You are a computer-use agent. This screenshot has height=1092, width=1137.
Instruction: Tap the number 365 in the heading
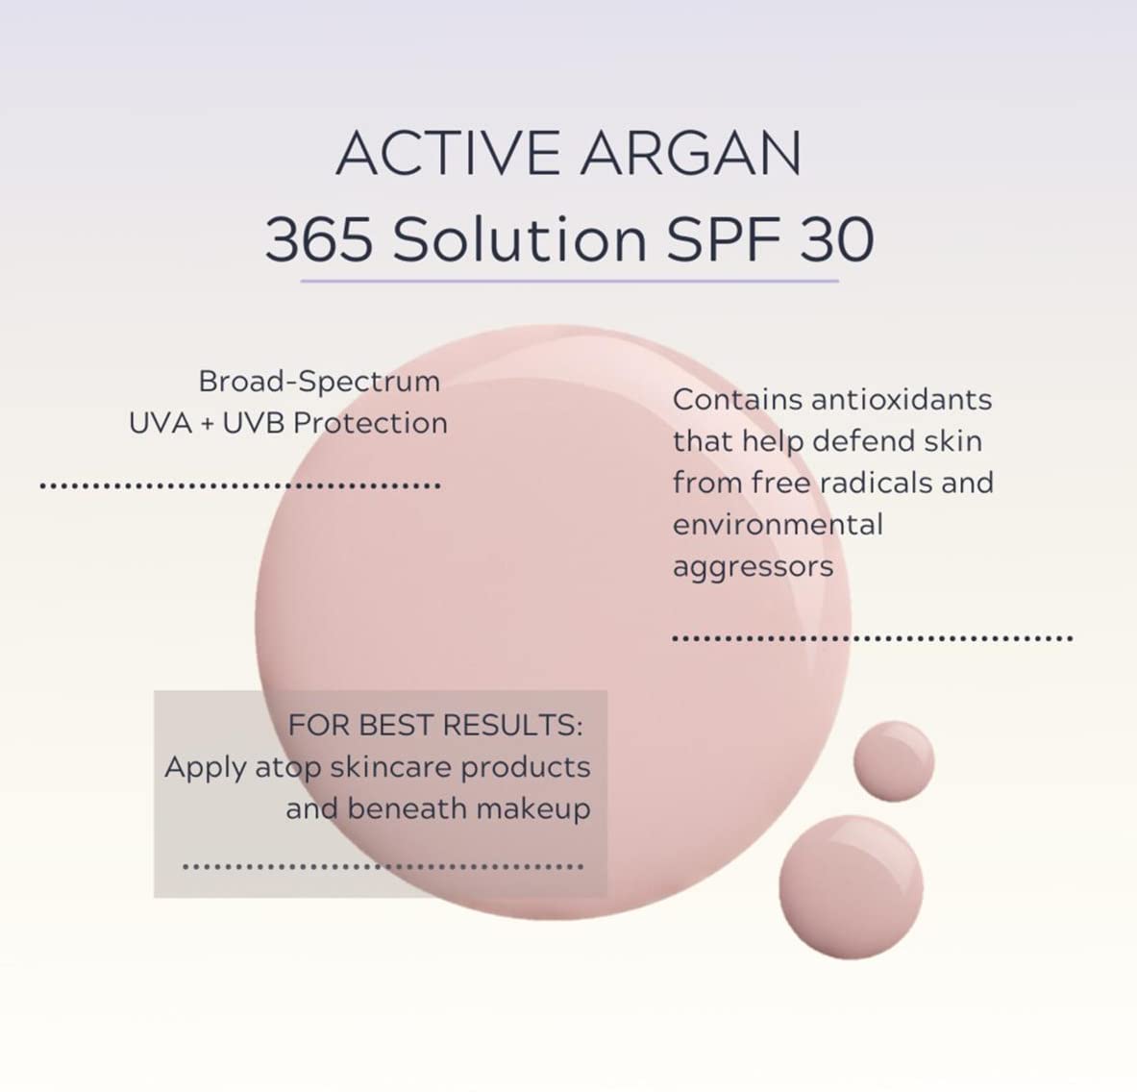pos(319,239)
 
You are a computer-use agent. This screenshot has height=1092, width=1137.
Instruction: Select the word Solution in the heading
pos(520,239)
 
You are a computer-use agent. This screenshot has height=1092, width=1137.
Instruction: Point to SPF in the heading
pos(720,239)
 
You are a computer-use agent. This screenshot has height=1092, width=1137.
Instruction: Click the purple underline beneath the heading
pos(569,281)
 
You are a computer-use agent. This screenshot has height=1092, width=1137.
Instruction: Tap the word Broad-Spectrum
pos(319,382)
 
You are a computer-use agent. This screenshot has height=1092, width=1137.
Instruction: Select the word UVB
pos(254,423)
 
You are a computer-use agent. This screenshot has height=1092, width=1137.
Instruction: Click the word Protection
pos(371,423)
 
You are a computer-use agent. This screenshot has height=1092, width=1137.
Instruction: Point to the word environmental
pos(778,525)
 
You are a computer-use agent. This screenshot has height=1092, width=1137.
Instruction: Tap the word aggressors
pos(753,567)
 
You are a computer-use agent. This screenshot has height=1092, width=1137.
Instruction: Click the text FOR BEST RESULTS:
pos(435,725)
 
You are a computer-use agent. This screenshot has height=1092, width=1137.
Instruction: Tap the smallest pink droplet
pos(894,760)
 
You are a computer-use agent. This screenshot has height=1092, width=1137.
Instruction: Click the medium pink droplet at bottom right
pos(851,885)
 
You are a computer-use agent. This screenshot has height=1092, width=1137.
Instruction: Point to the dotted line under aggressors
pos(872,638)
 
